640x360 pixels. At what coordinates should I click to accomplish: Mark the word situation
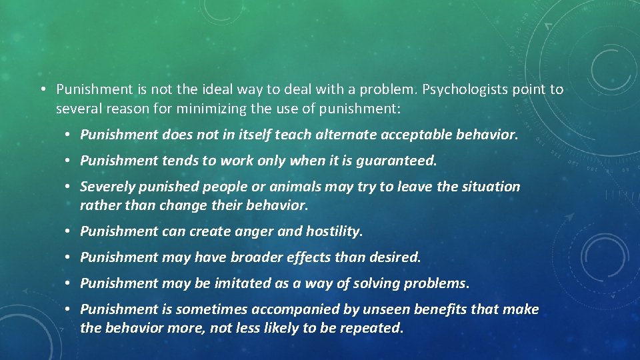[490, 187]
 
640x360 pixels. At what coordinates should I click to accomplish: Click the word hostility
[334, 231]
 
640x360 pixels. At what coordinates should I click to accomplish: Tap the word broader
[271, 257]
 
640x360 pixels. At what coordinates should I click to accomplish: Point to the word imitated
[243, 283]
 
